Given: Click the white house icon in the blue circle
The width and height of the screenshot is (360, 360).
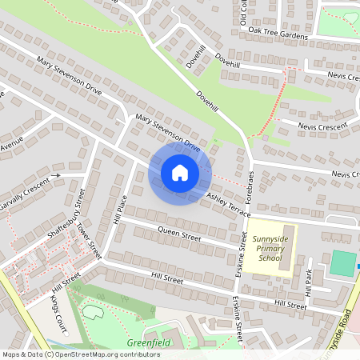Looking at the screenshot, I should (180, 173).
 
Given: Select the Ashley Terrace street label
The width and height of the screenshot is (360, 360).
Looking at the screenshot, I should (229, 204).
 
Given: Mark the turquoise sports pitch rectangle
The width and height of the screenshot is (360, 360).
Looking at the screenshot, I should (342, 263).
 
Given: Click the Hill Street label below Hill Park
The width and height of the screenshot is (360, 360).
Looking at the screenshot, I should (290, 305).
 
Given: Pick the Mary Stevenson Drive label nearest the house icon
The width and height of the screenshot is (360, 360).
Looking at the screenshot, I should (167, 133).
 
